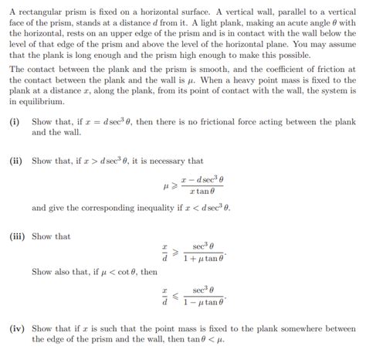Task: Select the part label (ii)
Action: (17, 161)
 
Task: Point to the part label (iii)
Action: (19, 236)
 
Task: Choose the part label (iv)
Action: (18, 328)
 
